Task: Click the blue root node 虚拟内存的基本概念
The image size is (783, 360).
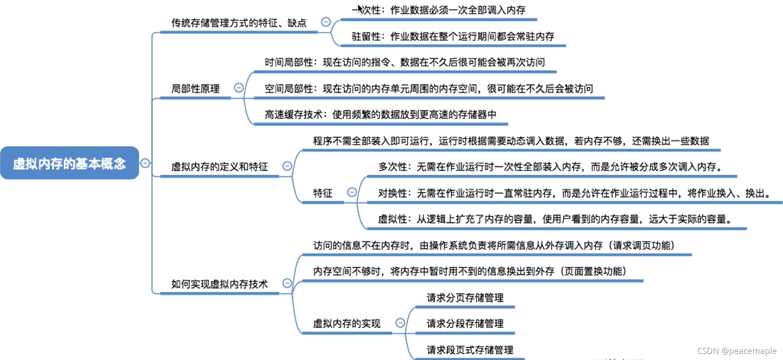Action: tap(69, 163)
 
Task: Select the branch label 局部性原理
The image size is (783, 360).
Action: tap(195, 89)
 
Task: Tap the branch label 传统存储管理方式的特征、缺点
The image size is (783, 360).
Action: tap(238, 23)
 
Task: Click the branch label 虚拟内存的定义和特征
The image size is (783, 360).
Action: tap(219, 167)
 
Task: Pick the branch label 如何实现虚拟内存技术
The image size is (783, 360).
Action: tap(219, 284)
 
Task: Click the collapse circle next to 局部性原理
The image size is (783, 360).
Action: tap(238, 88)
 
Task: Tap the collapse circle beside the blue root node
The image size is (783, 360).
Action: tap(145, 163)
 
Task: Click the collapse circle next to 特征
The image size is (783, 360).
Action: tap(352, 192)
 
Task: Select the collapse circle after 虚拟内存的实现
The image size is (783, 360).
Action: tap(400, 323)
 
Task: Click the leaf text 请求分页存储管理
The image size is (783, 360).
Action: tap(465, 298)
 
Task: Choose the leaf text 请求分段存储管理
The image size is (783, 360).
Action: tap(465, 324)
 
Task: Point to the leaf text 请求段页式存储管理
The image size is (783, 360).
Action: tap(470, 350)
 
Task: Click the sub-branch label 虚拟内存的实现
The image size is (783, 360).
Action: tap(346, 324)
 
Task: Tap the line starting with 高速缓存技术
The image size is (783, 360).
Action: tap(380, 115)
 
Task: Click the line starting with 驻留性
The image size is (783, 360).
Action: tap(453, 36)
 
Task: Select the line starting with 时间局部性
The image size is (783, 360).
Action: tap(405, 62)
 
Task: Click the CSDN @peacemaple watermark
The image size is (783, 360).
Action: tap(737, 351)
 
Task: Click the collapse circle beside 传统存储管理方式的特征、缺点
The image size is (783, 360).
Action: tap(326, 22)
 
